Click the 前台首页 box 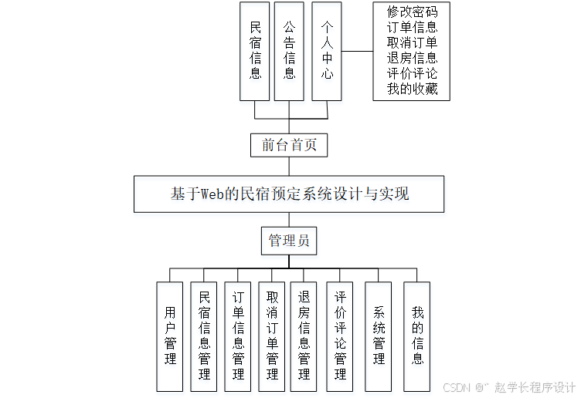(x=289, y=144)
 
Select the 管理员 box (x=289, y=241)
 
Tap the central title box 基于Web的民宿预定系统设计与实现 (x=289, y=194)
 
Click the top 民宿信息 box (x=255, y=51)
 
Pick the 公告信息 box (x=289, y=51)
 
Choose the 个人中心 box (x=327, y=51)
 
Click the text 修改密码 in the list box (x=412, y=12)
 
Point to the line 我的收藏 (x=412, y=89)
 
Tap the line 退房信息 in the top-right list (x=412, y=58)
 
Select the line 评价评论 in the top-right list (x=412, y=73)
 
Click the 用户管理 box (x=170, y=336)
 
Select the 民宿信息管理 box (x=204, y=336)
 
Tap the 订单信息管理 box (x=238, y=336)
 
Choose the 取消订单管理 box (x=272, y=336)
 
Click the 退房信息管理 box (x=304, y=336)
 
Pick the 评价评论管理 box (x=340, y=336)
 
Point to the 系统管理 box (x=379, y=336)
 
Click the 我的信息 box (x=417, y=336)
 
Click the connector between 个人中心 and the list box (x=357, y=52)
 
